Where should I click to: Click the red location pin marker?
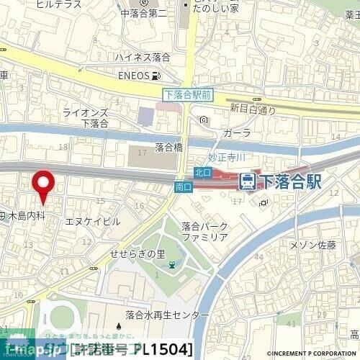[x=45, y=186]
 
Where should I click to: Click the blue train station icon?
[x=248, y=180]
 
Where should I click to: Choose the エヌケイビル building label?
[x=92, y=222]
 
